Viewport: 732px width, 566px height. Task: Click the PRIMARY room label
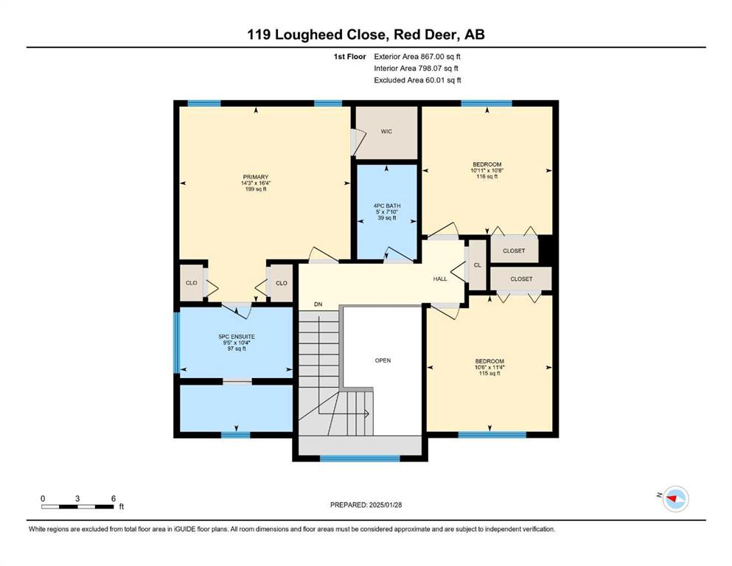[256, 177]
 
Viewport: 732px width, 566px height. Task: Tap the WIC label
[386, 132]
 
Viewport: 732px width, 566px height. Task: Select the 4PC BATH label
[387, 206]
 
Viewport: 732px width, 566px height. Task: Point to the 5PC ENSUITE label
[237, 336]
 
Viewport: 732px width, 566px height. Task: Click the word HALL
[440, 279]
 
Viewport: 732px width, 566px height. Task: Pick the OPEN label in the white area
[383, 360]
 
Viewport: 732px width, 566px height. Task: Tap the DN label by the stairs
[318, 304]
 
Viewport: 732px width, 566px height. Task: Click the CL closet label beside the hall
[477, 265]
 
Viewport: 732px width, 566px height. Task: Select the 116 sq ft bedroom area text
[487, 176]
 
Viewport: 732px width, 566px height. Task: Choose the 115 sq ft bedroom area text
[489, 374]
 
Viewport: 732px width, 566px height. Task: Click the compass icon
[675, 499]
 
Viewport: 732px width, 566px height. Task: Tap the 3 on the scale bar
[77, 498]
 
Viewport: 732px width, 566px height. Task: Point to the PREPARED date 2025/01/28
[385, 505]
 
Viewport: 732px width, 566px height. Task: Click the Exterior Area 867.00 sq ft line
[417, 57]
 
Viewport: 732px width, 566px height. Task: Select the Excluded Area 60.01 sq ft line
[417, 80]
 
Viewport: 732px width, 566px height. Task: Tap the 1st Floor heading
[349, 57]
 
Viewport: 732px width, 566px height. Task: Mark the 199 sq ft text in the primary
[256, 189]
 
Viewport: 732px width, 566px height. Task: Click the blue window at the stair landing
[360, 458]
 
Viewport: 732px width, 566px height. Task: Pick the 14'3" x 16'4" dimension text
[256, 183]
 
